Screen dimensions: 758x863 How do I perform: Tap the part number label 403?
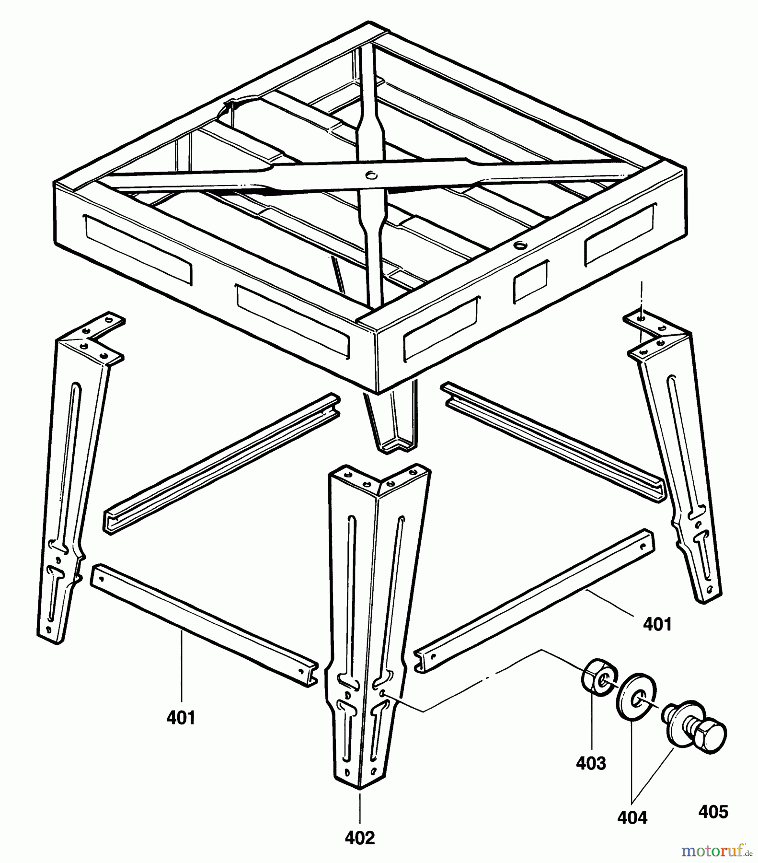point(591,763)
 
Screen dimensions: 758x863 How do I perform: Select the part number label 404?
point(632,817)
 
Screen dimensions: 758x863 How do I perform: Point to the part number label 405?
point(713,812)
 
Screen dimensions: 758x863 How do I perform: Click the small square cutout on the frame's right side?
point(531,281)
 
